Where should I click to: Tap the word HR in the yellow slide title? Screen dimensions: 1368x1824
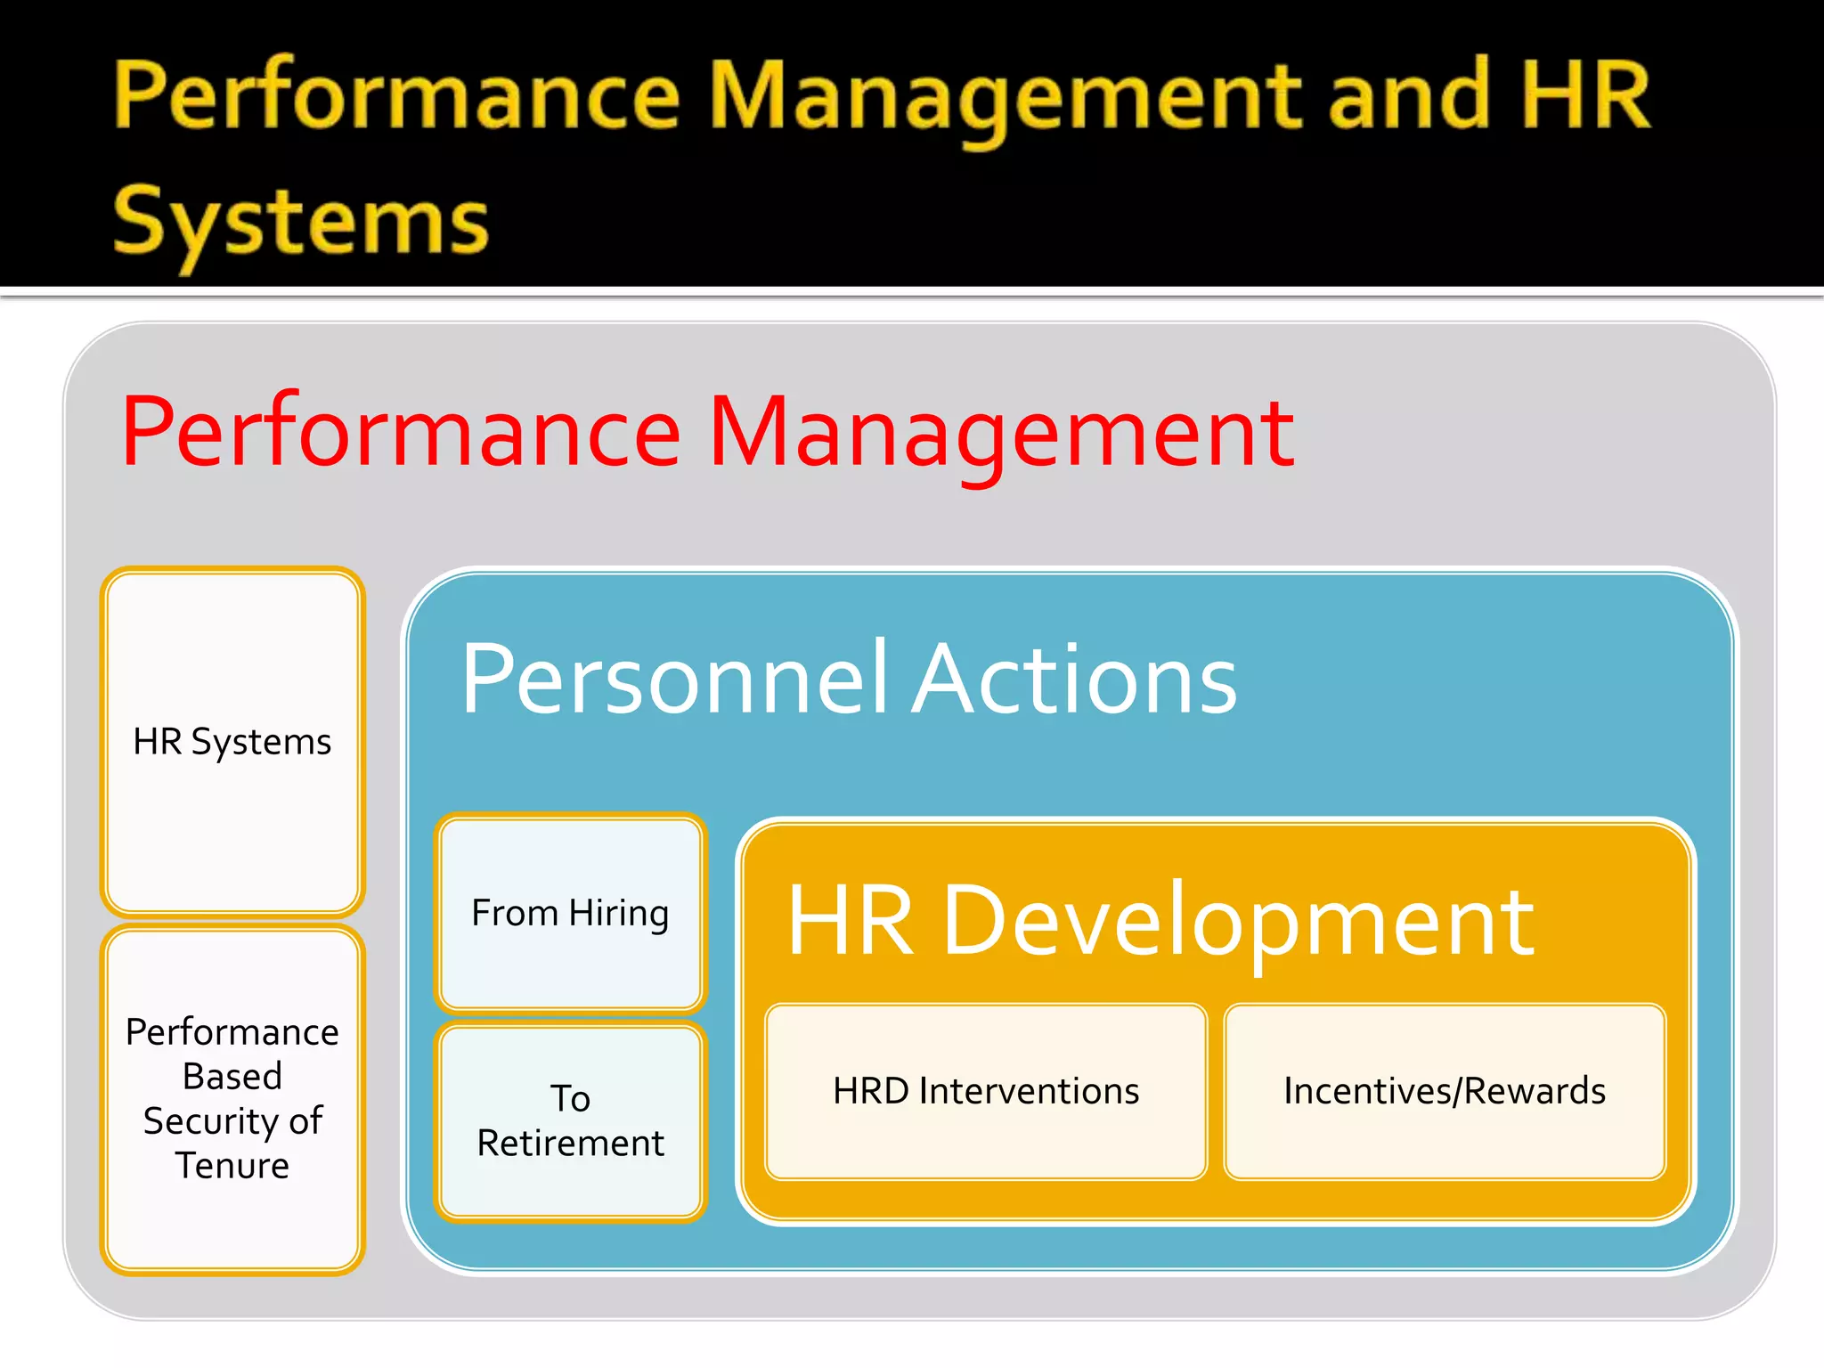(1586, 96)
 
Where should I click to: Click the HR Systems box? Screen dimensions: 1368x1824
(232, 742)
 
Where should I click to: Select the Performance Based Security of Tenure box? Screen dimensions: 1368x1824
(232, 1099)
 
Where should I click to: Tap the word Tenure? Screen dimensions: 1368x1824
(232, 1166)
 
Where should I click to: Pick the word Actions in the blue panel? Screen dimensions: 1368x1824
(1076, 680)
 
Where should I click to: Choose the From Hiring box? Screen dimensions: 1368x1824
(570, 913)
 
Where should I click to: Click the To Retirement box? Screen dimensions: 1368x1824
(570, 1121)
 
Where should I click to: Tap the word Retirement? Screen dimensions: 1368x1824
(570, 1144)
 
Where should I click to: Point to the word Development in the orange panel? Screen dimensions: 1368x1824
(1238, 923)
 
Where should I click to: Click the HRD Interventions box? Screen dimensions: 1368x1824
(986, 1092)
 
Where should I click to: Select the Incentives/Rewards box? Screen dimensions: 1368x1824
(1445, 1092)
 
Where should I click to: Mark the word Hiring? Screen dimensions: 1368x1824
(619, 915)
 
